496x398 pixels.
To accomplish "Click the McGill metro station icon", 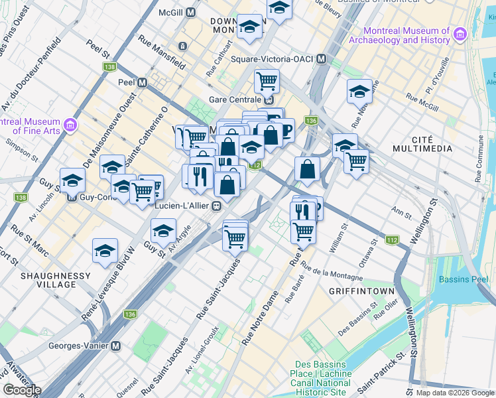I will [x=191, y=13].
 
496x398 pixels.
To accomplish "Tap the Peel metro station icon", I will [x=141, y=83].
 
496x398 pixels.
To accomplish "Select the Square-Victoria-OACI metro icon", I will [x=322, y=59].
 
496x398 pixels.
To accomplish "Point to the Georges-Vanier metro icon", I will [x=116, y=346].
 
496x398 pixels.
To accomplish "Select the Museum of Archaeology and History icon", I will [x=458, y=35].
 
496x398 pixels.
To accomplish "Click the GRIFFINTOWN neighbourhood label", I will [x=362, y=291].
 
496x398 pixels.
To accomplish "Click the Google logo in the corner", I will [x=23, y=390].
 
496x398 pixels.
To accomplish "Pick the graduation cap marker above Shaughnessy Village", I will [x=105, y=251].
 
